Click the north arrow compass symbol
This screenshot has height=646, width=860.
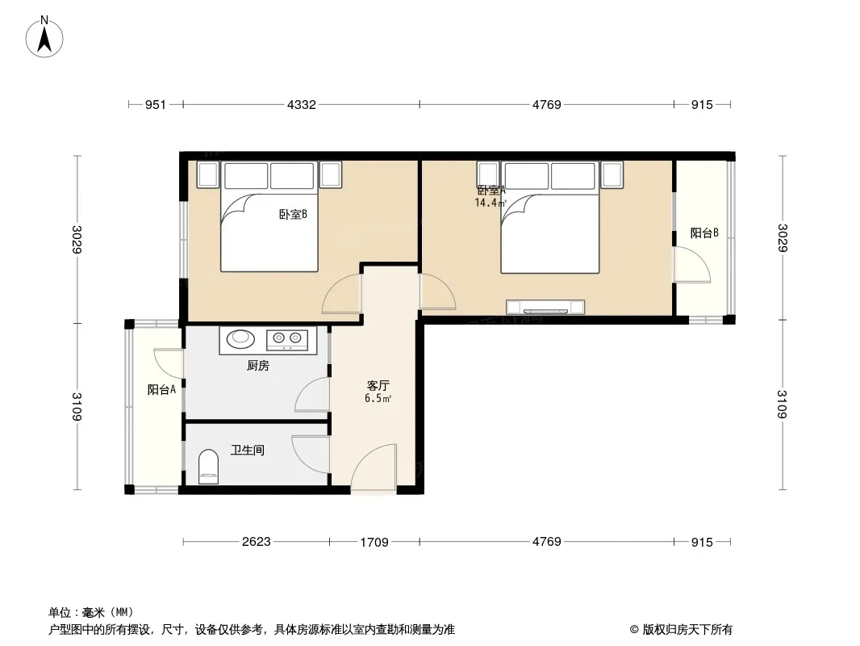point(44,37)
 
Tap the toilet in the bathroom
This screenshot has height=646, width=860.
point(208,467)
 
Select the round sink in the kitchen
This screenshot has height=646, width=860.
point(240,338)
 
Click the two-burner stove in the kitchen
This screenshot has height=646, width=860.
point(287,339)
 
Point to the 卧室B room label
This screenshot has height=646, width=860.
point(293,215)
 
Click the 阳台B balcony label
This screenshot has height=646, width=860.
point(704,233)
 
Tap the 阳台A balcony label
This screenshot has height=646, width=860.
point(161,390)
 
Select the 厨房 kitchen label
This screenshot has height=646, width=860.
point(258,366)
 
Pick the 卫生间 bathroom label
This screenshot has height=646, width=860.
point(248,450)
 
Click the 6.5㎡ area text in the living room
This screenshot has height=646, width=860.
point(378,399)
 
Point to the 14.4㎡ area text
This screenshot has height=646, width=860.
point(490,203)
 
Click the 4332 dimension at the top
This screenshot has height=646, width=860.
point(302,104)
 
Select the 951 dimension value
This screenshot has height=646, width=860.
point(155,104)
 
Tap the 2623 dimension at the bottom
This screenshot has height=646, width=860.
point(256,542)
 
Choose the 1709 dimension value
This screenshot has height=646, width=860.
point(374,543)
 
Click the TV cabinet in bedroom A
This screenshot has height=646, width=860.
point(545,308)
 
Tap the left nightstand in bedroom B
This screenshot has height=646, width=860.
point(208,174)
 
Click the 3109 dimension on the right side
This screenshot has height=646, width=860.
point(782,404)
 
